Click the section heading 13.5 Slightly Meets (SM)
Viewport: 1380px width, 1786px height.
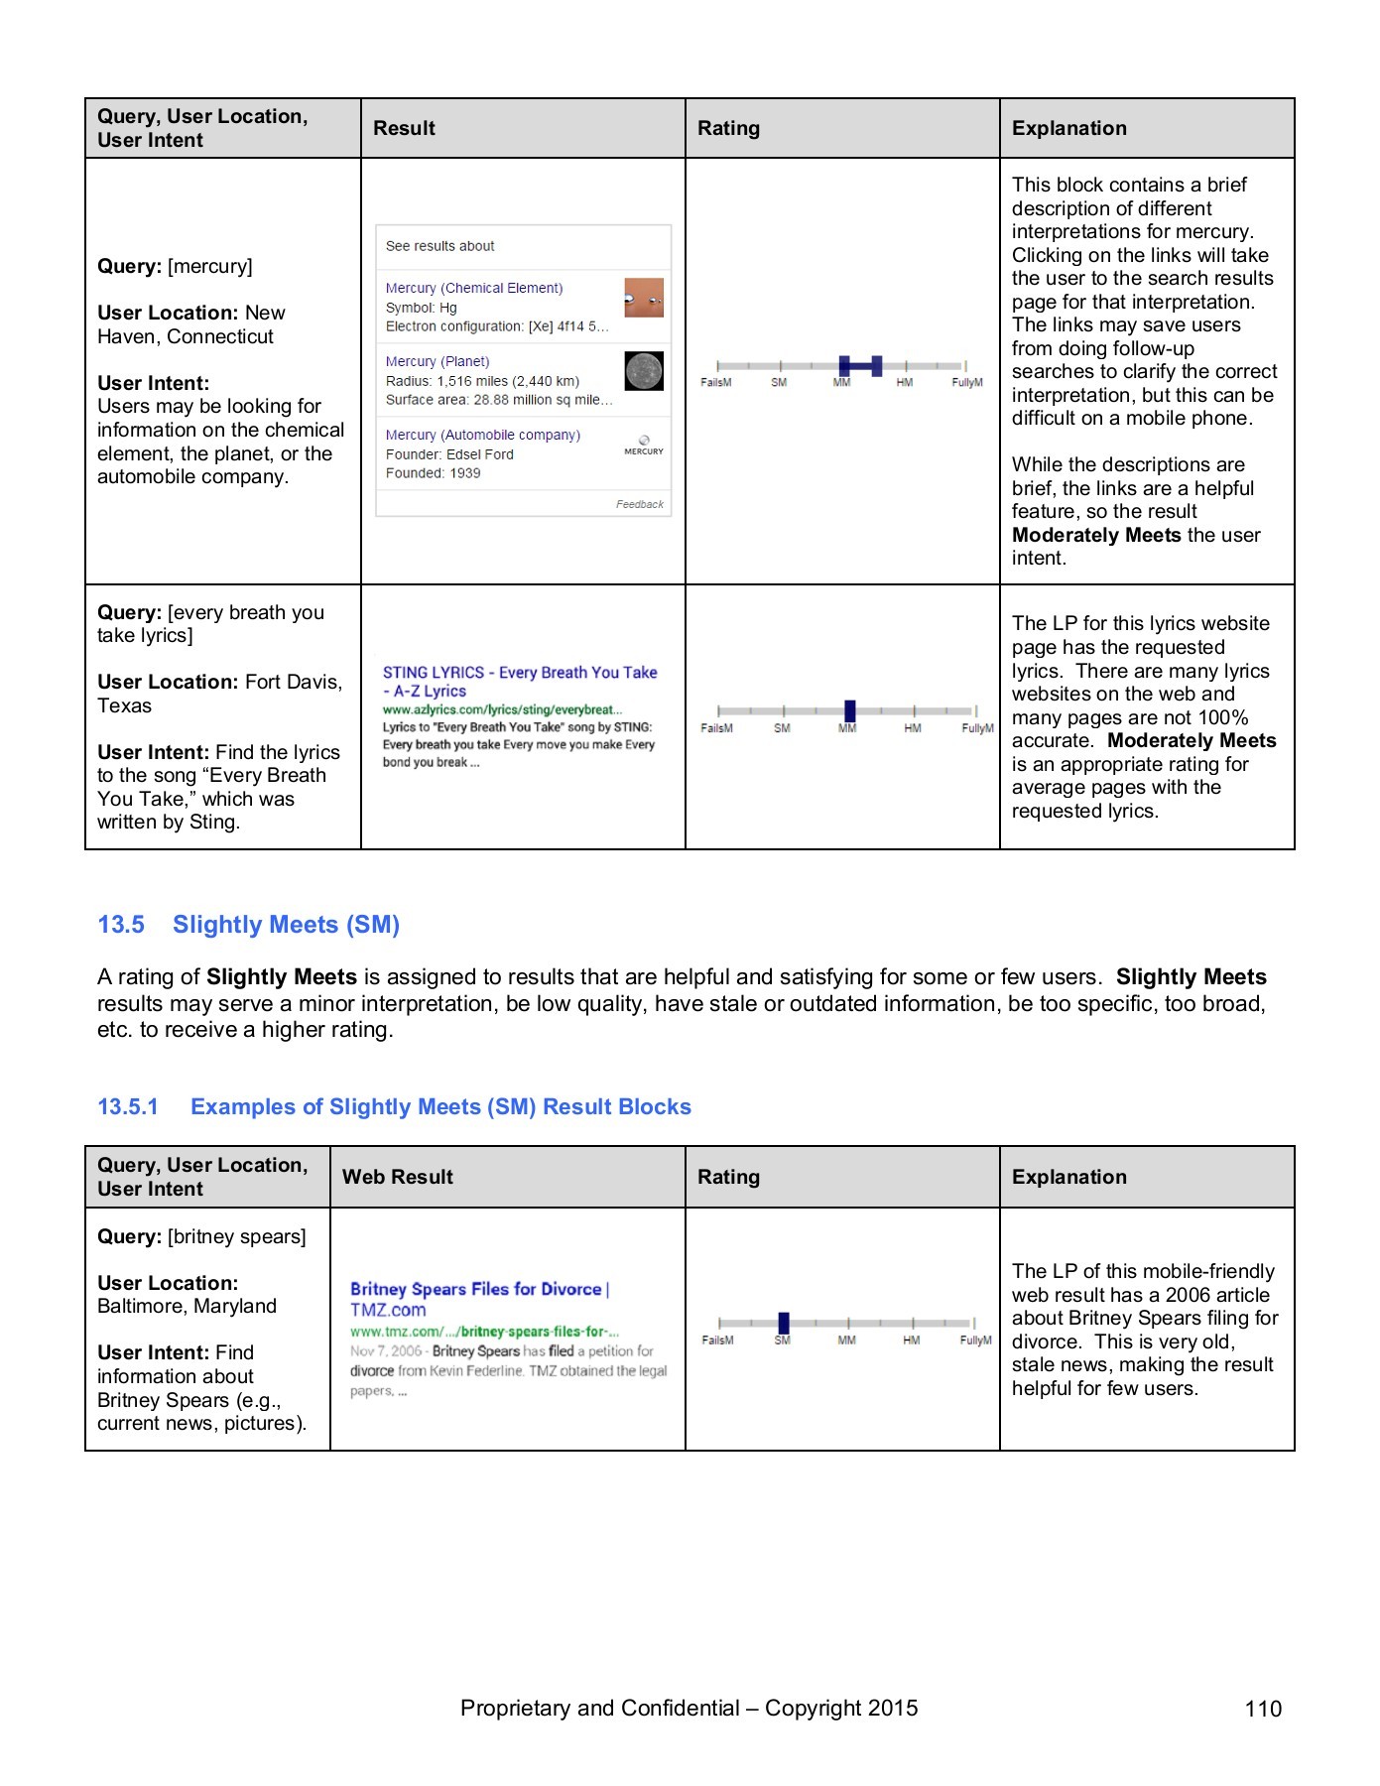pos(248,925)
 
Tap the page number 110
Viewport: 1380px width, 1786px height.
pos(1263,1709)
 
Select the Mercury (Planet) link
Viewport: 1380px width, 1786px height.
pos(438,361)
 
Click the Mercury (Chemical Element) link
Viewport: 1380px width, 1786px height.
pos(473,288)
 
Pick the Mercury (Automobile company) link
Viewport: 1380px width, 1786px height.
pos(482,435)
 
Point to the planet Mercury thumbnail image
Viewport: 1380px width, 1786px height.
pos(644,371)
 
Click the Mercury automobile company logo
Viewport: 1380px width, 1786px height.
pos(644,446)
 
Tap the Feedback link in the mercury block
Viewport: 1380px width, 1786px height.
pos(639,504)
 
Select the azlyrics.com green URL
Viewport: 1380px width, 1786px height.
pos(502,709)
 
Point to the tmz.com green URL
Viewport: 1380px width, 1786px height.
pos(484,1332)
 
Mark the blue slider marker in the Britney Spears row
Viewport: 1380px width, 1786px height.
pos(784,1323)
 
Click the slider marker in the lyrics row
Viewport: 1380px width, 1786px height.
pos(849,710)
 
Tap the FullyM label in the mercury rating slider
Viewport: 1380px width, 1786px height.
pos(966,383)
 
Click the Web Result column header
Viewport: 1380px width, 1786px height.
pos(397,1177)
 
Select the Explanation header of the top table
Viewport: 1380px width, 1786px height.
pos(1068,128)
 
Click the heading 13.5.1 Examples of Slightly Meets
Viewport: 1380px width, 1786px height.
pos(394,1107)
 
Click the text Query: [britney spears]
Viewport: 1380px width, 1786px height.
pos(201,1236)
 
